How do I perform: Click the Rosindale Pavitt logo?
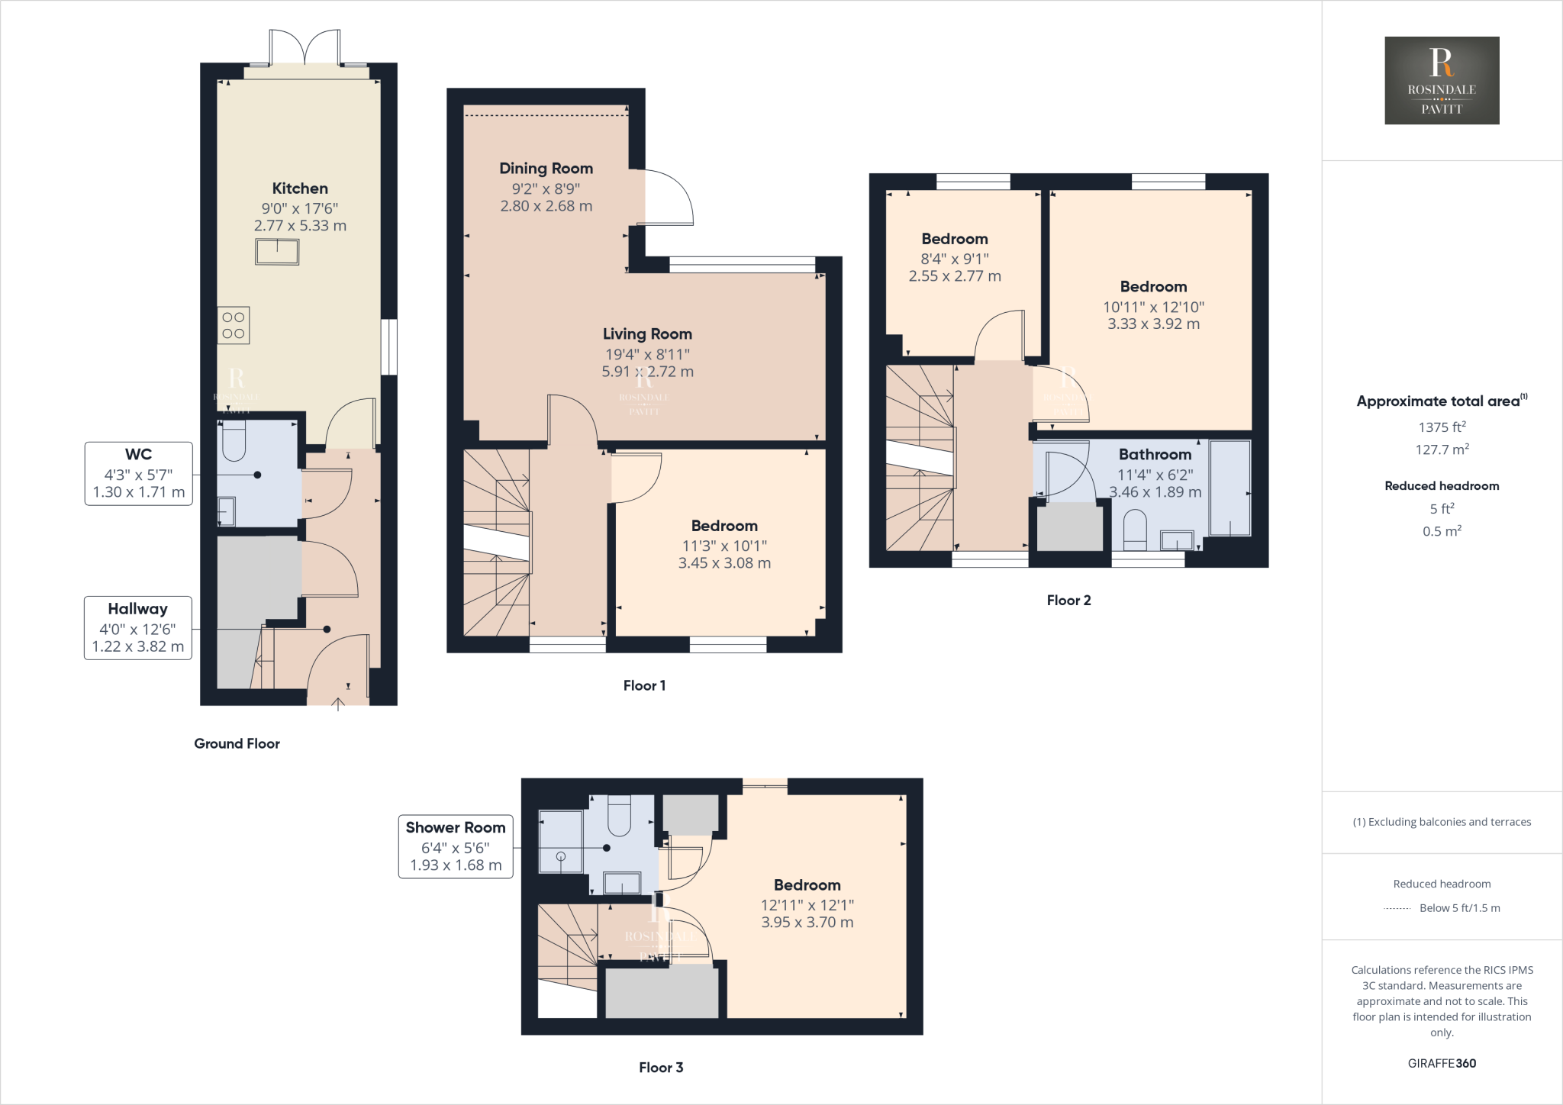(x=1442, y=80)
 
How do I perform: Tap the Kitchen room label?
(x=300, y=188)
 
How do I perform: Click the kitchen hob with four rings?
(x=234, y=325)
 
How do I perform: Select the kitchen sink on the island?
(x=277, y=251)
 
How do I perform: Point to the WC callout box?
(x=138, y=473)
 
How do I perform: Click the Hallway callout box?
(x=137, y=627)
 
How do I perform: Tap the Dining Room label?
(x=546, y=169)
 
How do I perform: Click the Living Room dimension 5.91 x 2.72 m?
(x=647, y=372)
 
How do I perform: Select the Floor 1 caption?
(x=644, y=685)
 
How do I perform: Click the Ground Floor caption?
(x=237, y=743)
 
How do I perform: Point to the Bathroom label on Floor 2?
(x=1155, y=455)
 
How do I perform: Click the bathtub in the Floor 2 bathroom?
(x=1229, y=488)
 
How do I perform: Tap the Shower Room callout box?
(x=456, y=846)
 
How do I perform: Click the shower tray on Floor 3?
(x=561, y=841)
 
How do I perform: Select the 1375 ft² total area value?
(x=1442, y=427)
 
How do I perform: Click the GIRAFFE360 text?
(x=1442, y=1063)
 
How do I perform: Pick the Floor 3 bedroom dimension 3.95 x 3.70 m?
(x=807, y=922)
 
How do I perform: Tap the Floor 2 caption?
(x=1068, y=601)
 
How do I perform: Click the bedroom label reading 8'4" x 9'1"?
(x=954, y=259)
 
